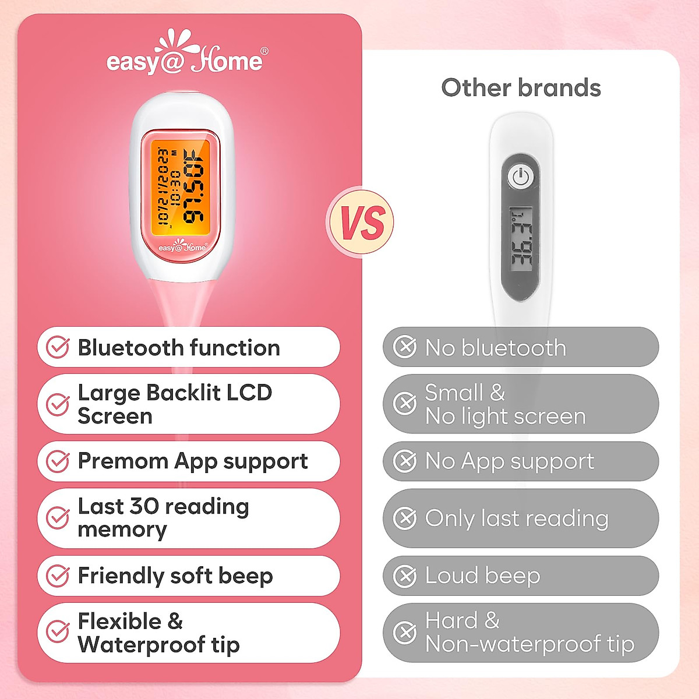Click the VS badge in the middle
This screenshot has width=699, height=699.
tap(362, 221)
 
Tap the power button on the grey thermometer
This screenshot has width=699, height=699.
tap(520, 176)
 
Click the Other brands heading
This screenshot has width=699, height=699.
tap(521, 88)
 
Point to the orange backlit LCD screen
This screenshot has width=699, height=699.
tap(181, 186)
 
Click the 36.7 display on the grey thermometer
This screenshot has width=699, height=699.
tap(520, 239)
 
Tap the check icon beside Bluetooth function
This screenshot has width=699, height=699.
tap(58, 347)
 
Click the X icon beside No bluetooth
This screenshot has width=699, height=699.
tap(405, 347)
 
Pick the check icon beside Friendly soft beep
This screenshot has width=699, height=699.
tap(58, 576)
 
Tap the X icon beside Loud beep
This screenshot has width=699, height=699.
tap(405, 576)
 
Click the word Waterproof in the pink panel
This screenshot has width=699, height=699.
tap(142, 644)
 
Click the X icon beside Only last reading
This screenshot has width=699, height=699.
tap(405, 518)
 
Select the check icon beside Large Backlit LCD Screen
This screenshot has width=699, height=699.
tap(58, 404)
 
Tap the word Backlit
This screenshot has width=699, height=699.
tap(183, 393)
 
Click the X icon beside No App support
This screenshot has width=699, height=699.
tap(405, 461)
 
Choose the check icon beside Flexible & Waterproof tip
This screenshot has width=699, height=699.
tap(58, 632)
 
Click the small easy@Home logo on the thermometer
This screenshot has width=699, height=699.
tap(182, 247)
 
